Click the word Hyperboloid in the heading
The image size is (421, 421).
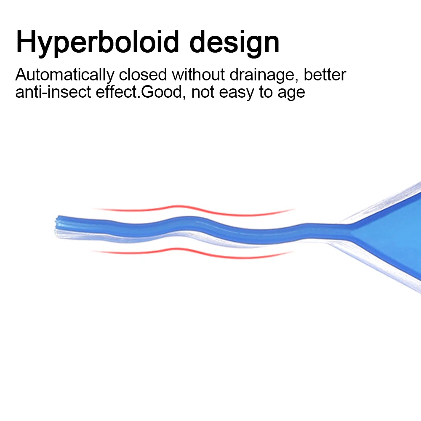(97, 43)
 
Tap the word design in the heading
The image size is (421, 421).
(234, 43)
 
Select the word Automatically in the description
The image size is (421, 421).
(65, 75)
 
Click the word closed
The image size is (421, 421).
(143, 75)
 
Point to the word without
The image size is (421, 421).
(198, 75)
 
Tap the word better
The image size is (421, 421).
(325, 75)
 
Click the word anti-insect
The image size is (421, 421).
(53, 92)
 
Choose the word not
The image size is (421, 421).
(203, 92)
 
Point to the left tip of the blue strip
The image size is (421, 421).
(56, 223)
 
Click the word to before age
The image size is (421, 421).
(265, 92)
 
